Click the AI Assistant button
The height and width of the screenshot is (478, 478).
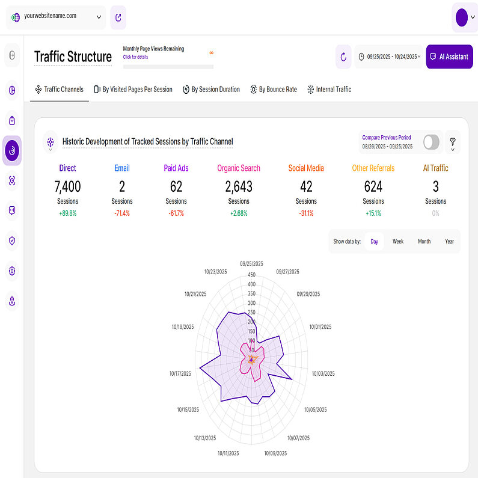pyautogui.click(x=449, y=57)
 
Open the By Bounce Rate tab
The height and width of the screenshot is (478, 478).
pyautogui.click(x=274, y=89)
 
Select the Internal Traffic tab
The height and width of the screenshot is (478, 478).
pyautogui.click(x=329, y=89)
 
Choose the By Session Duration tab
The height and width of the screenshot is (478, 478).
pyautogui.click(x=211, y=89)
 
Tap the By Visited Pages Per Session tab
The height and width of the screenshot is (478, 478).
pyautogui.click(x=133, y=89)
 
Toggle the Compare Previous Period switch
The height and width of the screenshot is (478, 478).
pyautogui.click(x=431, y=142)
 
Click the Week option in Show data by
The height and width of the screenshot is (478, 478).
pyautogui.click(x=398, y=241)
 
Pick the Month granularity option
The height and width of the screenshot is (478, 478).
pyautogui.click(x=424, y=241)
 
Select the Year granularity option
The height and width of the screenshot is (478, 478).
pyautogui.click(x=449, y=241)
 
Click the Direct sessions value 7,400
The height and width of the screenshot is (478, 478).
pyautogui.click(x=67, y=186)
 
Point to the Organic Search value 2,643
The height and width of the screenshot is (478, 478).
pyautogui.click(x=239, y=186)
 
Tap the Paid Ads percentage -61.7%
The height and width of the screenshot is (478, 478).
pyautogui.click(x=176, y=213)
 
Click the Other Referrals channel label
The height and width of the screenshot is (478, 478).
pyautogui.click(x=373, y=168)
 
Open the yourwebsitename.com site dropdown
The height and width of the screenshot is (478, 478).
pyautogui.click(x=56, y=17)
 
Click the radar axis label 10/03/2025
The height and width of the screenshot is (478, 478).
pyautogui.click(x=323, y=373)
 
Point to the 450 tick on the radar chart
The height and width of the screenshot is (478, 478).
pyautogui.click(x=251, y=275)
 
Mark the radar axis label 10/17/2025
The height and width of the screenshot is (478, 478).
pyautogui.click(x=180, y=373)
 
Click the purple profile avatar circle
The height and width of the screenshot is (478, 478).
pyautogui.click(x=462, y=17)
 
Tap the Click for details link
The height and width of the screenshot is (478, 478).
pyautogui.click(x=135, y=57)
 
